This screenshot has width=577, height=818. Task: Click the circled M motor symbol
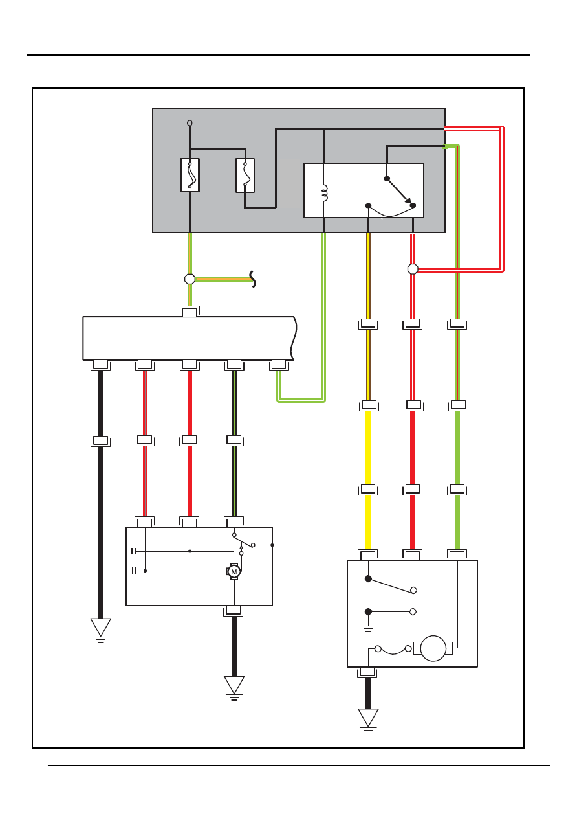(x=234, y=571)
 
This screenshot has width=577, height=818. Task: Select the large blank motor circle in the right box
(x=433, y=648)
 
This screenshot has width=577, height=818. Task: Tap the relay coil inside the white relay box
(x=325, y=193)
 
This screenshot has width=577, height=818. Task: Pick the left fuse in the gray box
(x=190, y=175)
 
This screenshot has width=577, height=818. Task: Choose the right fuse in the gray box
(x=245, y=175)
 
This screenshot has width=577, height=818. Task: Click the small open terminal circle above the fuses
(x=190, y=123)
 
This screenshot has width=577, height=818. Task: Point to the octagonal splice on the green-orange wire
(x=190, y=279)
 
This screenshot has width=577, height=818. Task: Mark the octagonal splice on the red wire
(x=413, y=269)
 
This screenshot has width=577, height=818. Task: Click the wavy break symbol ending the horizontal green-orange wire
(x=252, y=279)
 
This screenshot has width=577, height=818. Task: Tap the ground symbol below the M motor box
(x=234, y=688)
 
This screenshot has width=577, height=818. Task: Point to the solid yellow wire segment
(x=368, y=480)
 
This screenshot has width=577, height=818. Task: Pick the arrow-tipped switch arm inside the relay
(x=399, y=191)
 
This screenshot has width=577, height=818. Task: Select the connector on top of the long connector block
(x=190, y=312)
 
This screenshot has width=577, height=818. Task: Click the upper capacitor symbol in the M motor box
(x=134, y=551)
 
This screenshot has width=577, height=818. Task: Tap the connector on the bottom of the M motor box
(x=234, y=611)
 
